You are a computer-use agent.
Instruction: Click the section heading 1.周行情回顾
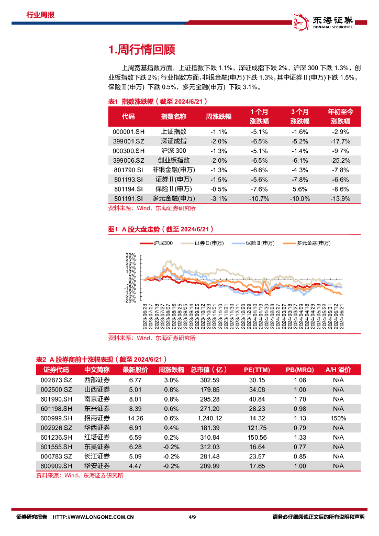pos(141,50)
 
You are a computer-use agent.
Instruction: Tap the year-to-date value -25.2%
pos(340,160)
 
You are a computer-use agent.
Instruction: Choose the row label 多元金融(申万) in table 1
pos(173,198)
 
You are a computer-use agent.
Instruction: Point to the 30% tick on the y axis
pos(130,256)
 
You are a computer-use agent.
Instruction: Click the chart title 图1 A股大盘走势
pos(160,229)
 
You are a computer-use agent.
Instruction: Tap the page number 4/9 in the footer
pos(191,517)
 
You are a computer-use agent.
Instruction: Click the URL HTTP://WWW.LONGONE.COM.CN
pos(94,517)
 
